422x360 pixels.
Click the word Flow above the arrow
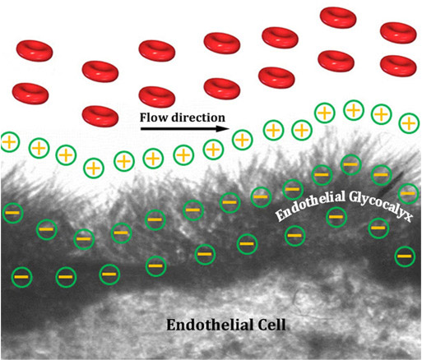154,118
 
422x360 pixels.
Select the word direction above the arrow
198,118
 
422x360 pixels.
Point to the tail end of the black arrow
141,128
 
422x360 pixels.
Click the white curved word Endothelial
310,204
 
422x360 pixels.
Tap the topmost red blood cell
338,18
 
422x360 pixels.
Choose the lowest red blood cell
100,116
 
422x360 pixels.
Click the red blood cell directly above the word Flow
157,97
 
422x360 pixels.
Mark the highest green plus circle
354,110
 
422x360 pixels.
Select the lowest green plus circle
94,168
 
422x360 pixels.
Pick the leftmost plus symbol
10,142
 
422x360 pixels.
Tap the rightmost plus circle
409,123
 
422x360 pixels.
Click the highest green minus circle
350,164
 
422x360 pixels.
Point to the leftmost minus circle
12,213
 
